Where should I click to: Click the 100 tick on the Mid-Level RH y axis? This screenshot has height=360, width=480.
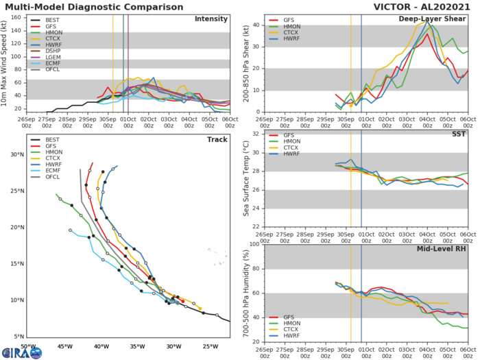tap(254, 244)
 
